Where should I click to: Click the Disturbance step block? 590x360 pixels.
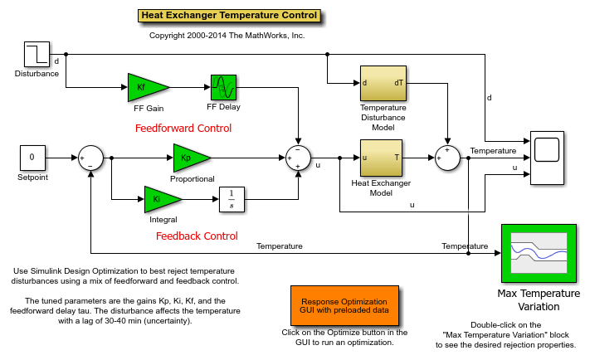pyautogui.click(x=37, y=54)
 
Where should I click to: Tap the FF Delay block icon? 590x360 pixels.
pyautogui.click(x=223, y=87)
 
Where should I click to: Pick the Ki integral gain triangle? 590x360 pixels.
pyautogui.click(x=161, y=199)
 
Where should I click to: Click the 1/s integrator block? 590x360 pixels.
pyautogui.click(x=232, y=199)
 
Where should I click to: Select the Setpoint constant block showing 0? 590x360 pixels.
pyautogui.click(x=32, y=158)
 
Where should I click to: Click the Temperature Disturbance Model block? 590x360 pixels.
pyautogui.click(x=383, y=83)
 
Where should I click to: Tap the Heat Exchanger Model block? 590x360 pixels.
pyautogui.click(x=381, y=158)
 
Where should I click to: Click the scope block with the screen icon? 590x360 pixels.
pyautogui.click(x=547, y=158)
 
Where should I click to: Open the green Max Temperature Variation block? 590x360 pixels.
pyautogui.click(x=539, y=253)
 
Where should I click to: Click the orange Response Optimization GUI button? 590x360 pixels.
pyautogui.click(x=344, y=306)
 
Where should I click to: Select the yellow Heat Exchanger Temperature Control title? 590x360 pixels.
pyautogui.click(x=229, y=16)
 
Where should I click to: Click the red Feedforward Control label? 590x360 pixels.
pyautogui.click(x=183, y=129)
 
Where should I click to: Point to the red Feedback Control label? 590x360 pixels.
pyautogui.click(x=197, y=236)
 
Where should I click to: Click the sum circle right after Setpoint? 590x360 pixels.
pyautogui.click(x=90, y=158)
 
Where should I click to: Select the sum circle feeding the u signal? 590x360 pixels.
pyautogui.click(x=299, y=158)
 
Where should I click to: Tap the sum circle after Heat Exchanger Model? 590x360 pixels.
pyautogui.click(x=448, y=158)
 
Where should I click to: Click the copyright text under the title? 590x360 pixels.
pyautogui.click(x=227, y=36)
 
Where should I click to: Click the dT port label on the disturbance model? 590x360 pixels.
pyautogui.click(x=399, y=83)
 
